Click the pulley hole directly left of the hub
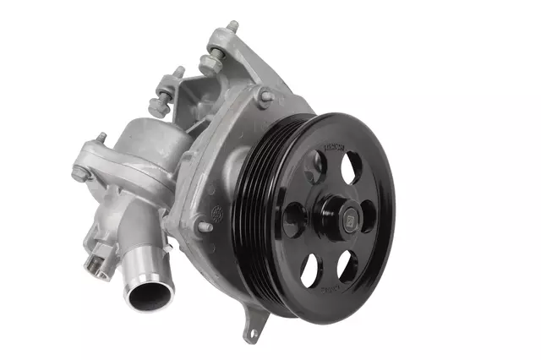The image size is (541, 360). (293, 219)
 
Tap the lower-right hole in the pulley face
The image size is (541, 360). (347, 265)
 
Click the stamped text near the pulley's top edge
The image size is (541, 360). (334, 152)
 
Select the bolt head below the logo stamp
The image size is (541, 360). (204, 226)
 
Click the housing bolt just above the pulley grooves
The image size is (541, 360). (265, 96)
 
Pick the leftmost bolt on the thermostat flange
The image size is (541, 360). (79, 173)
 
